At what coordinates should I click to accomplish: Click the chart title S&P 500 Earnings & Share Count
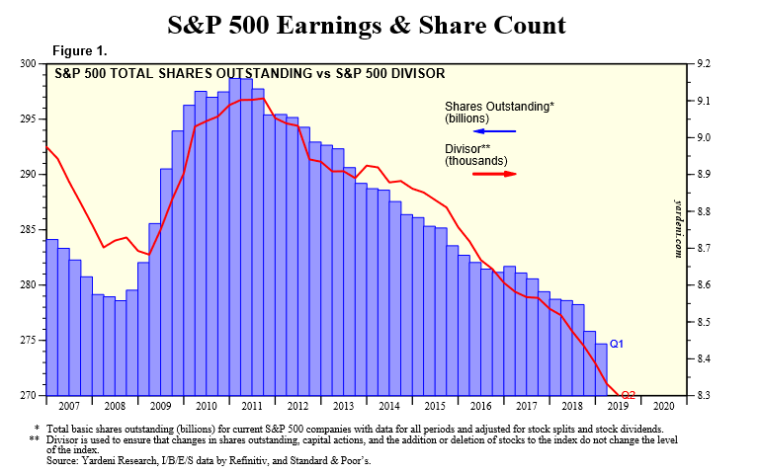pyautogui.click(x=380, y=24)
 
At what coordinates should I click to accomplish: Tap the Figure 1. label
pyautogui.click(x=80, y=50)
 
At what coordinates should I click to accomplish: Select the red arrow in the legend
pyautogui.click(x=495, y=173)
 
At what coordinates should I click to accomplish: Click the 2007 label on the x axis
pyautogui.click(x=71, y=405)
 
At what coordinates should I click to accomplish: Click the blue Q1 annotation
pyautogui.click(x=616, y=344)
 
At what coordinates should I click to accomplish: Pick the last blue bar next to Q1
pyautogui.click(x=600, y=369)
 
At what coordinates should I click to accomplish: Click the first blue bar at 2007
pyautogui.click(x=51, y=317)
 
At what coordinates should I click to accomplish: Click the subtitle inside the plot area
pyautogui.click(x=248, y=73)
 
